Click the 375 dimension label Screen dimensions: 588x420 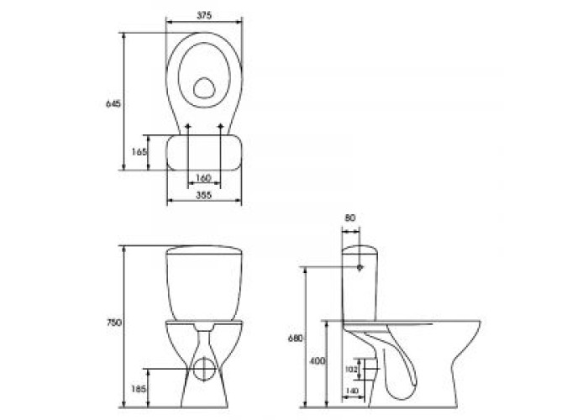click(204, 15)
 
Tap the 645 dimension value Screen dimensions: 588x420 click(113, 103)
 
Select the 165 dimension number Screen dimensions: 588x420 click(139, 152)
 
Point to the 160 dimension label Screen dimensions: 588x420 click(204, 178)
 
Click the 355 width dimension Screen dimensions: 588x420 click(204, 195)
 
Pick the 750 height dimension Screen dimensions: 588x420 click(115, 322)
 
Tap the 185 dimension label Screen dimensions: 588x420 click(139, 388)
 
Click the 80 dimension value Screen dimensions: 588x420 click(350, 218)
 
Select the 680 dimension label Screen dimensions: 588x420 click(295, 338)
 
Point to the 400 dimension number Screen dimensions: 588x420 click(317, 361)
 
